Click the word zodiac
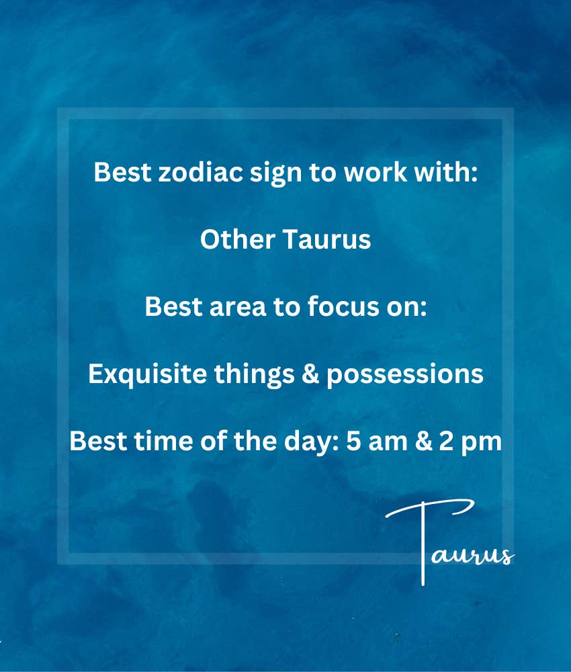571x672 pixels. [200, 172]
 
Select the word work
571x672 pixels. [376, 172]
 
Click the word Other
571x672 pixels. [238, 239]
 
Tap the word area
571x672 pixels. [238, 307]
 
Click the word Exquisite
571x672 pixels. [147, 374]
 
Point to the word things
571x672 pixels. [255, 375]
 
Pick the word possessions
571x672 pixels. [405, 376]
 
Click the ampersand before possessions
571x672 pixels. [310, 374]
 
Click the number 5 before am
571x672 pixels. [353, 442]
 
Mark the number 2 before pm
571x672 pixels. [446, 442]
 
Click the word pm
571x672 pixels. [481, 444]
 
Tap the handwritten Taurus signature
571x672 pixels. [450, 542]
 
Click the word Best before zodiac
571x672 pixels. [122, 172]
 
